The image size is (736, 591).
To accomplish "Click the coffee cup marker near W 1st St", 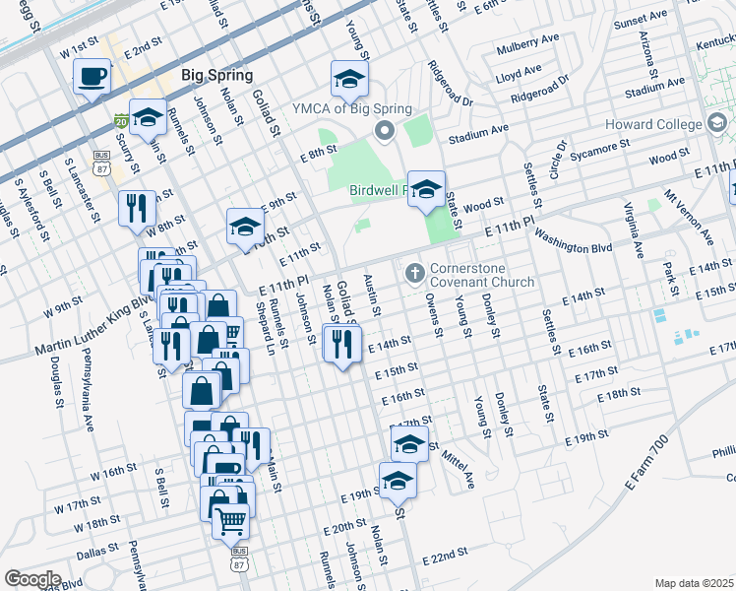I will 92,77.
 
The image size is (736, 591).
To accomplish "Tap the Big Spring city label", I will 217,76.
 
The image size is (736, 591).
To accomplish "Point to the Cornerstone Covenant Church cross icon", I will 415,271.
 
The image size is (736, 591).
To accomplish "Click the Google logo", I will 32,579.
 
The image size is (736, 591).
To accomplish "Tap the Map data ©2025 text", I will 695,583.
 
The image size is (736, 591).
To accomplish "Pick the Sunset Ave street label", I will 640,20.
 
